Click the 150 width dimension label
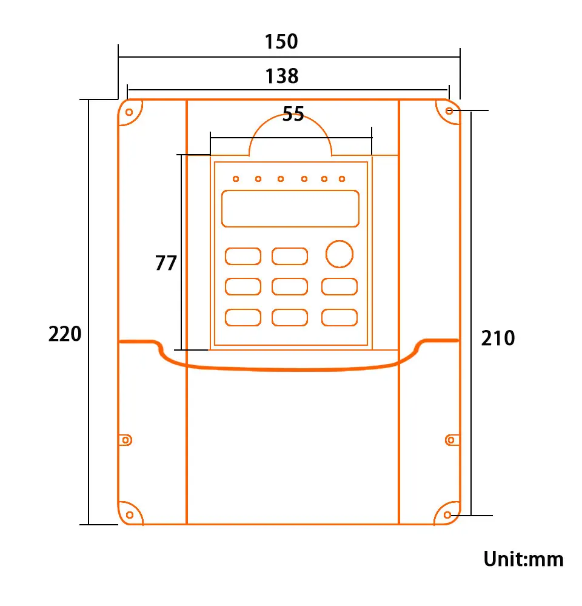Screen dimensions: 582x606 (x=281, y=42)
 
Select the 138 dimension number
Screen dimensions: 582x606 (x=281, y=76)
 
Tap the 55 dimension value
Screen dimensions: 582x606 (x=293, y=114)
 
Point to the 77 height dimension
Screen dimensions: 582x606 (x=166, y=263)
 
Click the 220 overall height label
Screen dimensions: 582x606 (x=65, y=334)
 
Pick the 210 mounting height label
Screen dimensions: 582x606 (x=498, y=338)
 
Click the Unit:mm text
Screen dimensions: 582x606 (x=523, y=559)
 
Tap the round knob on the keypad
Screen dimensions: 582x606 (x=339, y=254)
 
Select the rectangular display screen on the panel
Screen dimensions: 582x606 (x=290, y=208)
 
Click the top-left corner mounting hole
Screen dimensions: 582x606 (x=129, y=112)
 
